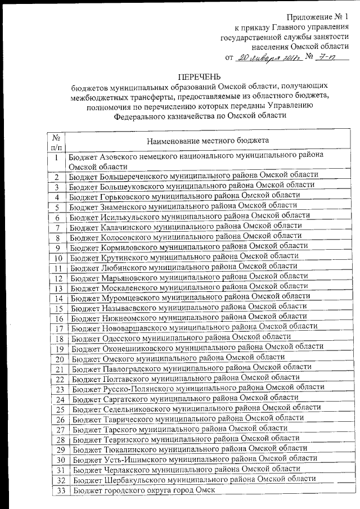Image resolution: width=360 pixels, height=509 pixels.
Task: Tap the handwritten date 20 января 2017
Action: tap(269, 57)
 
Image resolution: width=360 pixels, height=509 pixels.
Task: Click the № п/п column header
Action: tap(56, 140)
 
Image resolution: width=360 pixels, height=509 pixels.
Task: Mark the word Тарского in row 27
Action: tap(118, 428)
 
